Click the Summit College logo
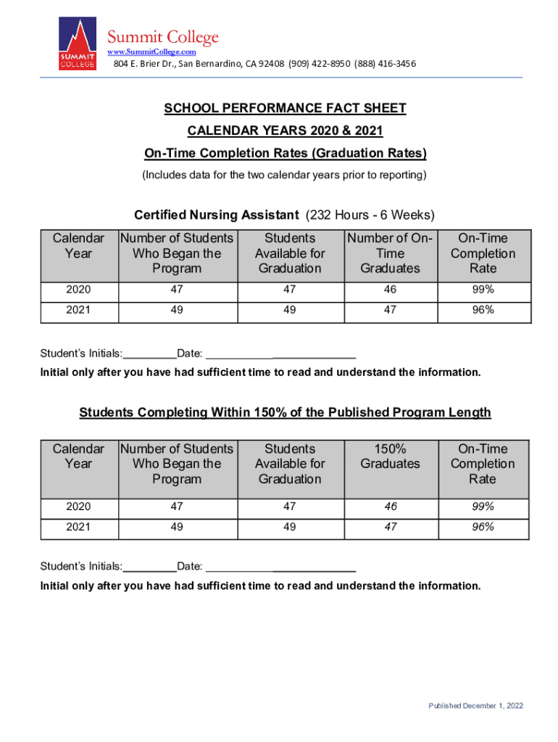[77, 44]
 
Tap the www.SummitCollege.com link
[152, 52]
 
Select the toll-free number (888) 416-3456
[385, 64]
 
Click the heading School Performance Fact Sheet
[285, 109]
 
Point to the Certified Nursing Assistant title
[217, 215]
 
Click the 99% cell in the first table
[483, 290]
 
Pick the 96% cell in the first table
[483, 309]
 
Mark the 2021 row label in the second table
[78, 528]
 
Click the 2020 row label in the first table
[78, 290]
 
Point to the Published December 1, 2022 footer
[475, 706]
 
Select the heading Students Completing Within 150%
[285, 412]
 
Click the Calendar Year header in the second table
[78, 457]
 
